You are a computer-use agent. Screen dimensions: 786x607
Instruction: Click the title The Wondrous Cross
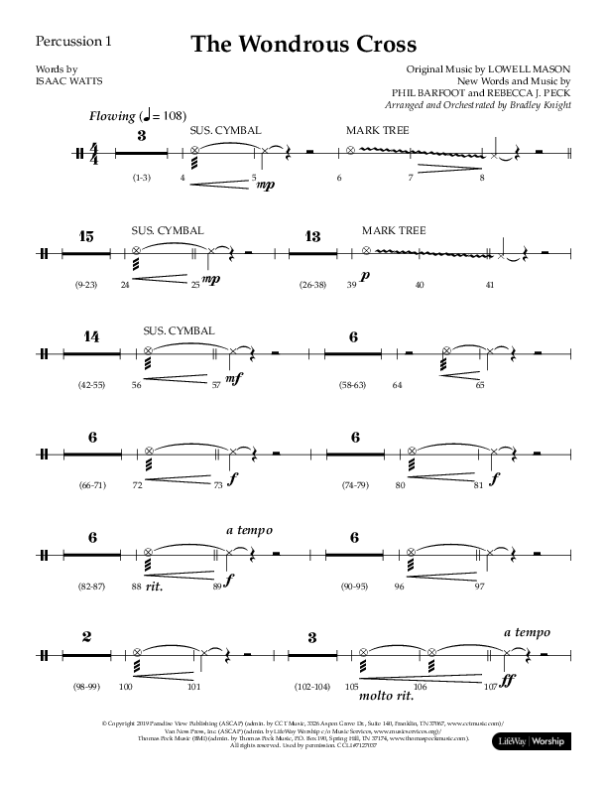303,45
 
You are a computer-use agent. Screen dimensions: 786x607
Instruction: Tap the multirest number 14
90,337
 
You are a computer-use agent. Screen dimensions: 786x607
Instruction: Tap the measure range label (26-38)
312,286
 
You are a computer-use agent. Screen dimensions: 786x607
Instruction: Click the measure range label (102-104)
311,687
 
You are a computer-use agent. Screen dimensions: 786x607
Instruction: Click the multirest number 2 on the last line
86,637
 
